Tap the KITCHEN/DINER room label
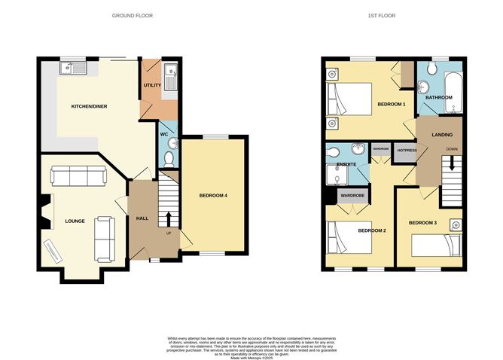pyautogui.click(x=89, y=107)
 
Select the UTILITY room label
pyautogui.click(x=152, y=86)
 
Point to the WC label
pyautogui.click(x=163, y=134)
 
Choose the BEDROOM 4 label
pyautogui.click(x=213, y=196)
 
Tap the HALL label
pyautogui.click(x=142, y=218)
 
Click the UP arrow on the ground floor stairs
pyautogui.click(x=169, y=220)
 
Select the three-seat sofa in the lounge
pyautogui.click(x=78, y=176)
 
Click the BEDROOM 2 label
pyautogui.click(x=371, y=230)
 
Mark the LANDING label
pyautogui.click(x=442, y=135)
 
